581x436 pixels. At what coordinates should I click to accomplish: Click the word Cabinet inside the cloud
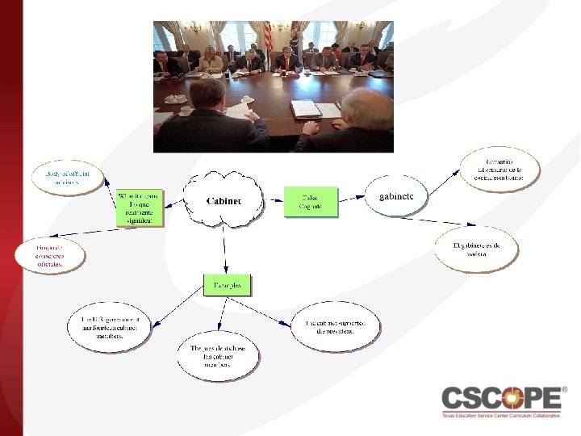click(224, 201)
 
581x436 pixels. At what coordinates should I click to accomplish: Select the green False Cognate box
click(311, 202)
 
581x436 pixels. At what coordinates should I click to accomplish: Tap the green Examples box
click(227, 285)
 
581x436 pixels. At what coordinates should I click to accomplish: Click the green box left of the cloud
click(140, 208)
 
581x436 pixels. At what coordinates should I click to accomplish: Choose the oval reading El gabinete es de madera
click(476, 249)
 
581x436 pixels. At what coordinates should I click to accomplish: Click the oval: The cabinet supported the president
click(334, 326)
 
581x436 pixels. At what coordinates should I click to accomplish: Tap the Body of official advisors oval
click(67, 178)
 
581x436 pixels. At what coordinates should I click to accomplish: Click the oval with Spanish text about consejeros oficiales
click(50, 254)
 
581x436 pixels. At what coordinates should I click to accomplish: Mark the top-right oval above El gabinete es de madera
click(499, 169)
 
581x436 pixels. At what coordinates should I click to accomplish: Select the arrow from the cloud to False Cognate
click(274, 201)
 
